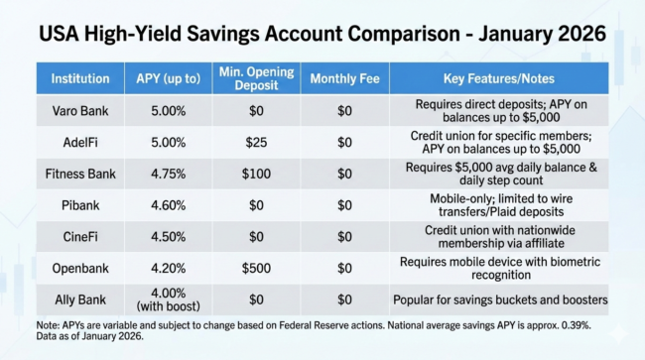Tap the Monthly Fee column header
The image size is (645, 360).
pos(344,78)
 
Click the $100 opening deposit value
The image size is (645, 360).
pos(256,175)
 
